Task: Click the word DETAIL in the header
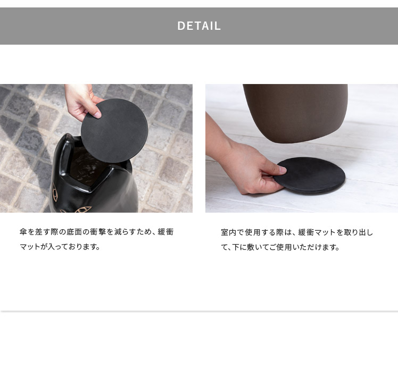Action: [199, 26]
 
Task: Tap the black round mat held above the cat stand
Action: [114, 131]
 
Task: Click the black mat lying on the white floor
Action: [309, 175]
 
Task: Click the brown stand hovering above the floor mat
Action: [295, 113]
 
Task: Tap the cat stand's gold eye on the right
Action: [83, 209]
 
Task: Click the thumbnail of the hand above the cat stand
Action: [97, 115]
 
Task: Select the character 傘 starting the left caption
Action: [23, 232]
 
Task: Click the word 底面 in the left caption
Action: [74, 232]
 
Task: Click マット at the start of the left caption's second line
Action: [30, 247]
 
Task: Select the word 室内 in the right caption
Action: [229, 232]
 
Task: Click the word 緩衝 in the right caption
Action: [306, 232]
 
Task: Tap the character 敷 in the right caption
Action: [244, 247]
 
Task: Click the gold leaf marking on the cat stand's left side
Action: [55, 193]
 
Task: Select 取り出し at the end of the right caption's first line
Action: [358, 232]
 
